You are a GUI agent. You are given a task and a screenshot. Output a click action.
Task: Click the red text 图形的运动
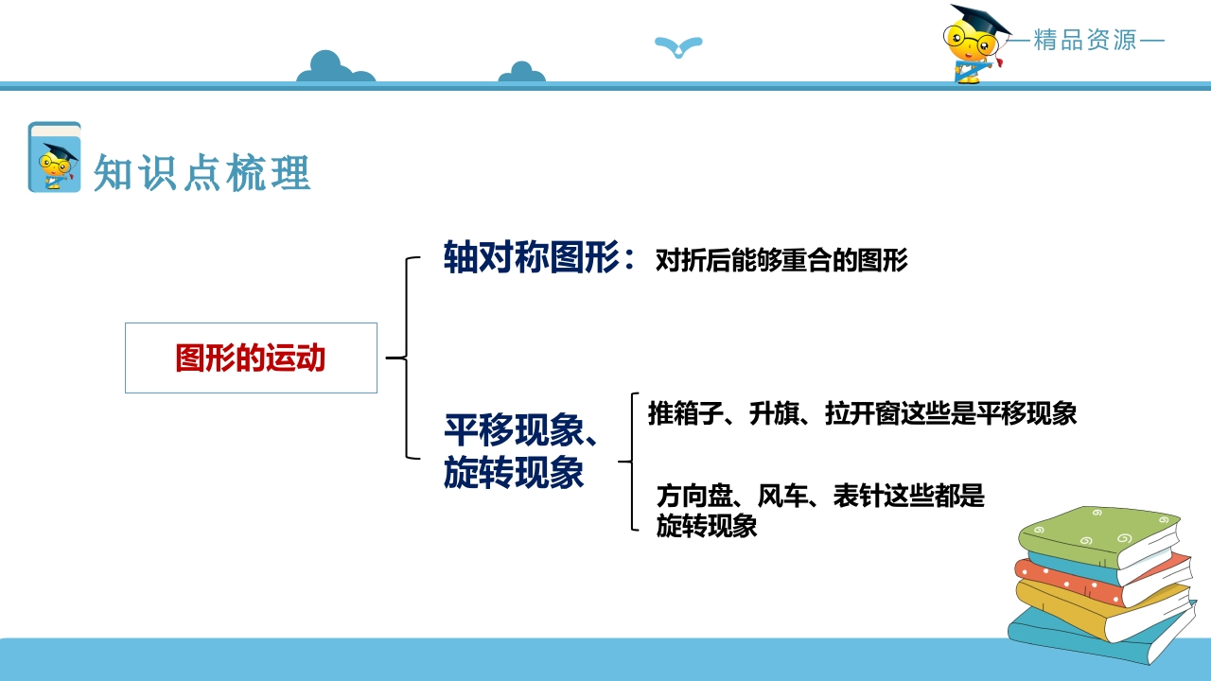point(251,358)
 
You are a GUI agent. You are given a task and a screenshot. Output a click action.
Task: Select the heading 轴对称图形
point(531,256)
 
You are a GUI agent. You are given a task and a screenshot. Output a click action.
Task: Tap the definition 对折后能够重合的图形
point(781,260)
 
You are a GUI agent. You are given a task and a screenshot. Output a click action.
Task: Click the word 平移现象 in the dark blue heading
point(514,430)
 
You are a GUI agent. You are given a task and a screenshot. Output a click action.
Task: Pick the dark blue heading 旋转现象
point(514,472)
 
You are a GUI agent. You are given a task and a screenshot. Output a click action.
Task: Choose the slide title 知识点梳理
point(202,172)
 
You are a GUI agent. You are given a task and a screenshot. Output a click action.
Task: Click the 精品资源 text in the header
point(1085,40)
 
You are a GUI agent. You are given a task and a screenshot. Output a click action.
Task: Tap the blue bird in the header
point(678,46)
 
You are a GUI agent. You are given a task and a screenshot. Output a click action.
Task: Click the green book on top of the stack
point(1099,536)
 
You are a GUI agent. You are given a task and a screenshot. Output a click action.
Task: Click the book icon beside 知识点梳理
point(55,157)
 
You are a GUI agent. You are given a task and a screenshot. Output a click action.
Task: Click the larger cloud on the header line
point(336,67)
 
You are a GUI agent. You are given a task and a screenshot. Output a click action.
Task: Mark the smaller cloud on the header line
point(521,73)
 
